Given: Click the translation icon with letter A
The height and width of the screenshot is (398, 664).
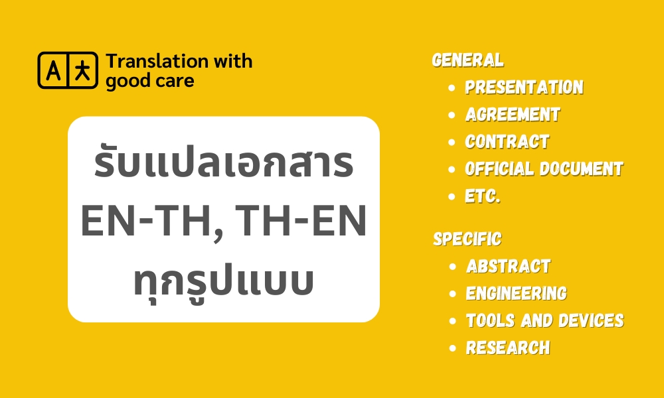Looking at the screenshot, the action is pos(68,70).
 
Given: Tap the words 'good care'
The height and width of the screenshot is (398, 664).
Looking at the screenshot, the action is pos(150,81).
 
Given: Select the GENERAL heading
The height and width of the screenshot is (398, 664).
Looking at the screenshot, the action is pos(468,60).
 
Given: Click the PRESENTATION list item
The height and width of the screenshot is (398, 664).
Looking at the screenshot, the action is pos(525,87).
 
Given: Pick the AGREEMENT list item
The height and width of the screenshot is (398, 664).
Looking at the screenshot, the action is pos(513,115).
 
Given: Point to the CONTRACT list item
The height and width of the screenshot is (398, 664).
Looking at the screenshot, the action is pos(507,142).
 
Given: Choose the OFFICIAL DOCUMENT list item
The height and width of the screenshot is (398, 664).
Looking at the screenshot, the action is pos(544,168).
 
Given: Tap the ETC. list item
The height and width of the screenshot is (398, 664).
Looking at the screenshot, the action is pos(483,196).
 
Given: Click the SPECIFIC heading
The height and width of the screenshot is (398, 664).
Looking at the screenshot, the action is pos(467,239).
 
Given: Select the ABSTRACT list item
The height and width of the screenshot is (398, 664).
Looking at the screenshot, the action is pos(509,267).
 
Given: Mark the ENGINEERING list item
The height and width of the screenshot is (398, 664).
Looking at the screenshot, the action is pos(517,294).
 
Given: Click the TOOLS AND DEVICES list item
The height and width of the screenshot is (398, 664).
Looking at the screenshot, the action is pos(545,320).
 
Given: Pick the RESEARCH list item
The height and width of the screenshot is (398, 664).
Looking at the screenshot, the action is pos(508,348).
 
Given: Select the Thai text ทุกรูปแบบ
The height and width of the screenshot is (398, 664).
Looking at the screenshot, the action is pos(224,281).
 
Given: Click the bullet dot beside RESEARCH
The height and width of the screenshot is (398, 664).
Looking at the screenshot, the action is pos(453,348).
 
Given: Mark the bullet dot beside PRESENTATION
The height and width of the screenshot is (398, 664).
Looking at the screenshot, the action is pos(452,88).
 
